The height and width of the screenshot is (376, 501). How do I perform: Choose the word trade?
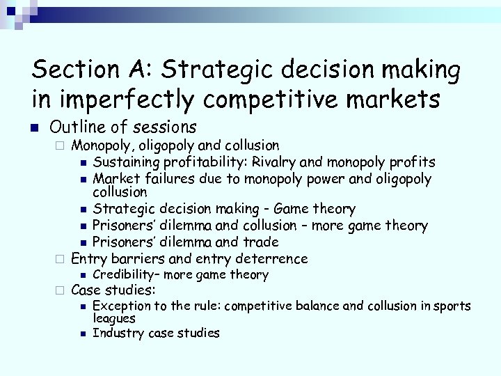(261, 242)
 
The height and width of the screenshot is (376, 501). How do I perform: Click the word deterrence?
(273, 258)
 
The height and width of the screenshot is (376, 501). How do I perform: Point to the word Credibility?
(123, 275)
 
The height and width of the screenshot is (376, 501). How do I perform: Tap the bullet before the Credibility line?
(83, 276)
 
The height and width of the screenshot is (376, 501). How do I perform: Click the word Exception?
(120, 306)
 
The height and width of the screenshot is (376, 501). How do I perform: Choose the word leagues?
(113, 318)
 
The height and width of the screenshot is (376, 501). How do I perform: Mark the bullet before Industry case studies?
(83, 334)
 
